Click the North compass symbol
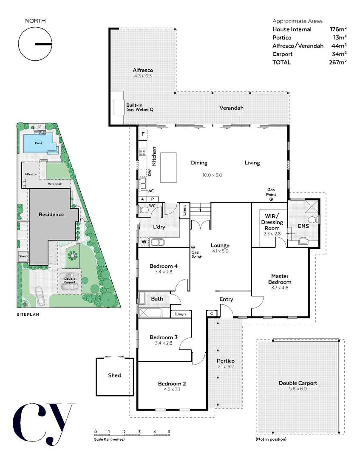tap(35, 44)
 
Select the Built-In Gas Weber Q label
tap(139, 107)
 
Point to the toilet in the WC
tap(143, 210)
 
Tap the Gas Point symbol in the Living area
tap(271, 199)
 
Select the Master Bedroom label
tap(281, 279)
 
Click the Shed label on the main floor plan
tap(114, 375)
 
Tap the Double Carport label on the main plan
tap(298, 383)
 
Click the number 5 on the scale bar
tap(169, 431)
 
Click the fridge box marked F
tap(143, 135)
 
